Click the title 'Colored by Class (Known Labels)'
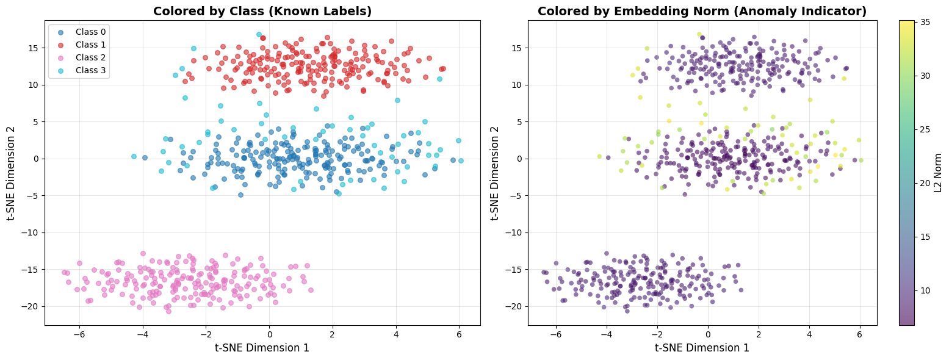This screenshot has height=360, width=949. [x=262, y=11]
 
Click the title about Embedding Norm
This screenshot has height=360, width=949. [x=702, y=11]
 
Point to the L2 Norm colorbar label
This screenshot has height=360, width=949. [x=939, y=173]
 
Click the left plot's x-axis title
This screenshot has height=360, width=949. [x=262, y=348]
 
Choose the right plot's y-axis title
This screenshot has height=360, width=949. [x=495, y=173]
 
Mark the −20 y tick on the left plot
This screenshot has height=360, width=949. [x=32, y=306]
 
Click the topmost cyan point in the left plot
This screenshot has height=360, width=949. [x=259, y=35]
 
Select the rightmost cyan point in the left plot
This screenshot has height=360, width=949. [x=461, y=161]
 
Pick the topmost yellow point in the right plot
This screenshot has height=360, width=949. [x=699, y=34]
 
